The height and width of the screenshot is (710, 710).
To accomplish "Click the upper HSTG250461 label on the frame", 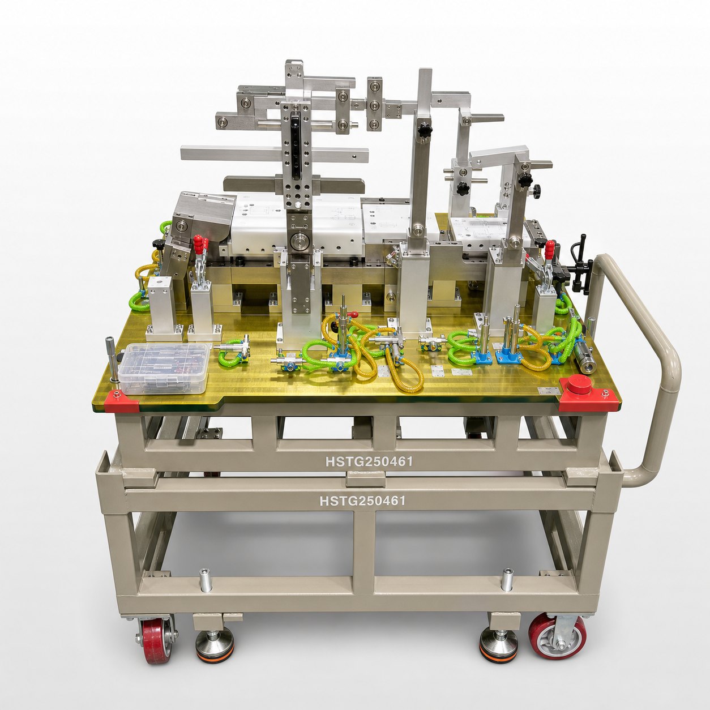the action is point(369,461).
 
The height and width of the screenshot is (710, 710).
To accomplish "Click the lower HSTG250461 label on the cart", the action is point(363,501).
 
